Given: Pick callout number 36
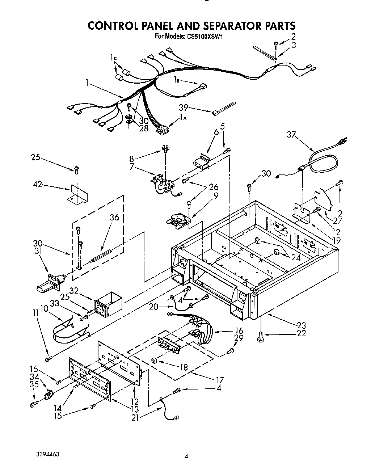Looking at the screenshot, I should [114, 218].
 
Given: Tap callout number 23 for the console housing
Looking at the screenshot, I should [301, 325].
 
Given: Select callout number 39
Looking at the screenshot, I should [184, 107].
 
